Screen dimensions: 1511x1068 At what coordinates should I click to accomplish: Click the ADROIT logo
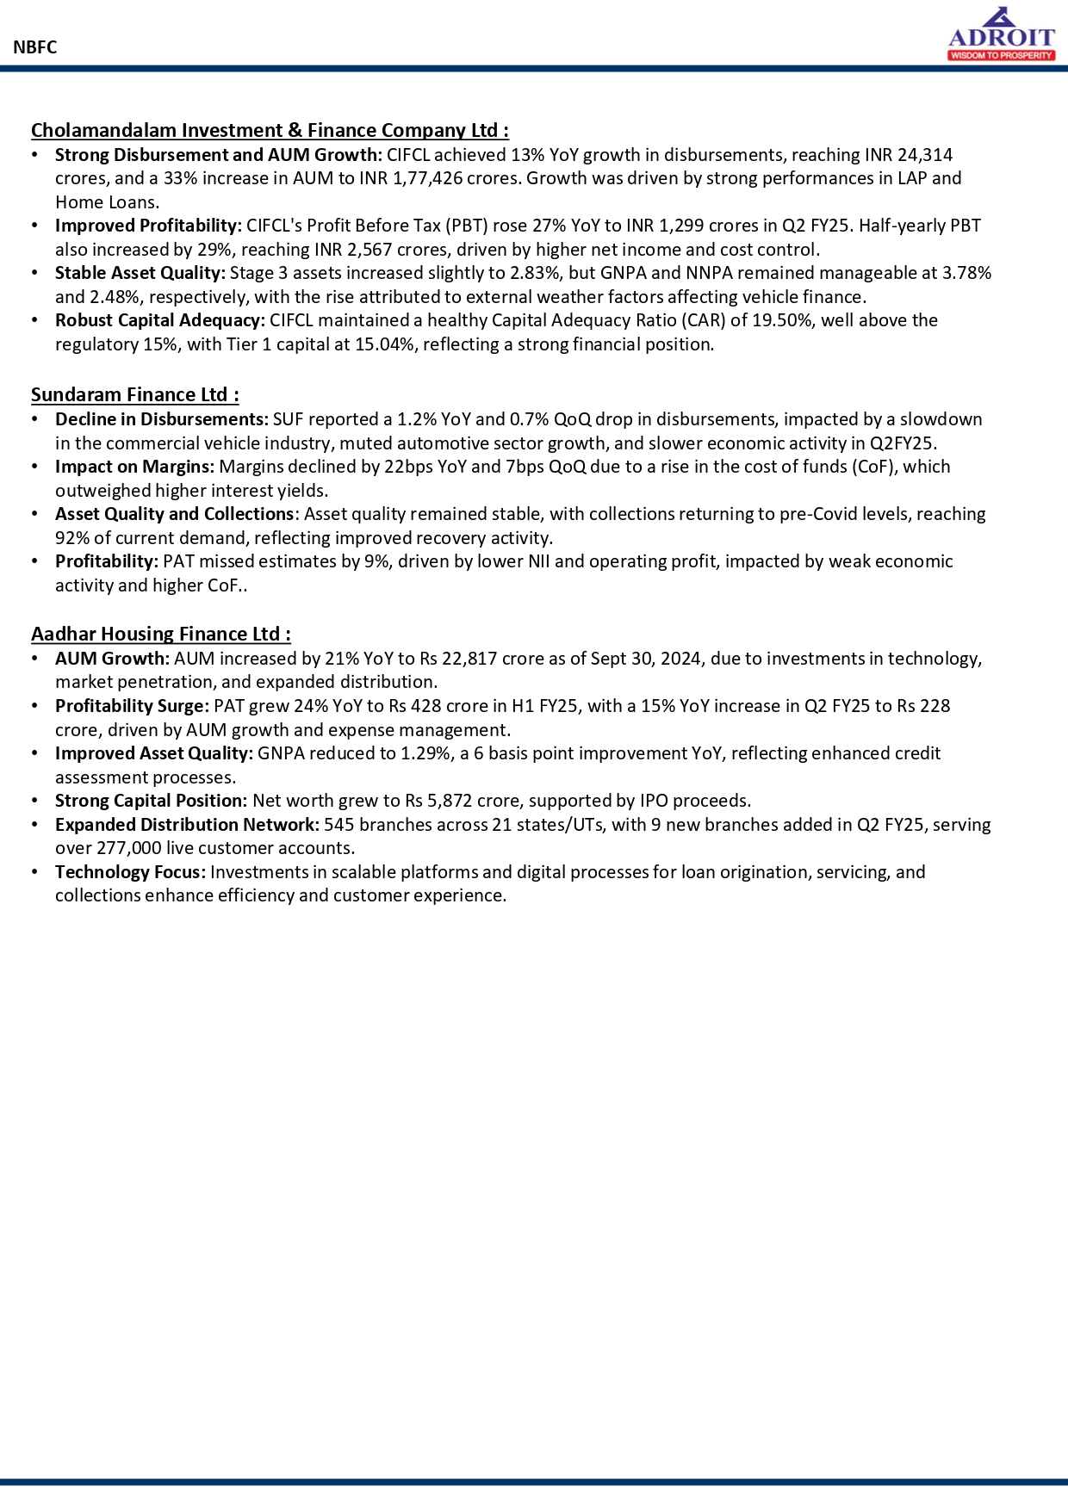pyautogui.click(x=1001, y=35)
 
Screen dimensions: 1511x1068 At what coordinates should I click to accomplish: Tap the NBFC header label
pyautogui.click(x=35, y=47)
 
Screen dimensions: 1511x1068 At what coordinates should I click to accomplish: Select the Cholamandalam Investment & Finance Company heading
pyautogui.click(x=270, y=130)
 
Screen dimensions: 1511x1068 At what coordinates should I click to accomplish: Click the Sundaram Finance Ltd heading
pyautogui.click(x=134, y=394)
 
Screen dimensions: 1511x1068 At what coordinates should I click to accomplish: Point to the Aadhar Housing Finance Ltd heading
pyautogui.click(x=160, y=634)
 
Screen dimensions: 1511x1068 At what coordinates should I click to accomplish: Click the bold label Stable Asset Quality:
pyautogui.click(x=140, y=273)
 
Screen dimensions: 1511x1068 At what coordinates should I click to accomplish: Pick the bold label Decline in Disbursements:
pyautogui.click(x=162, y=419)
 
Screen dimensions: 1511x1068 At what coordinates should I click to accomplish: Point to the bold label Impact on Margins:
pyautogui.click(x=134, y=467)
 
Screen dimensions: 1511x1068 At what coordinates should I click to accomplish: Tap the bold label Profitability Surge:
pyautogui.click(x=132, y=706)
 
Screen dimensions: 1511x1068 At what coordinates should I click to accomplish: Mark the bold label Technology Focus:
pyautogui.click(x=130, y=872)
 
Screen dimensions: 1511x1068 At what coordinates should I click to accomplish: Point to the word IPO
pyautogui.click(x=654, y=801)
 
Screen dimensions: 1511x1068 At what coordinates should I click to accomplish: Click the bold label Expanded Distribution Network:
pyautogui.click(x=187, y=825)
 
